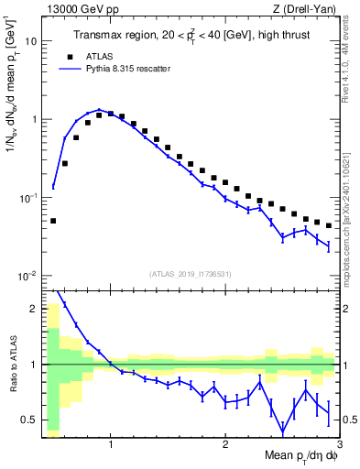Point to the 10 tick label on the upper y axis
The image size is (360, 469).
pos(31,41)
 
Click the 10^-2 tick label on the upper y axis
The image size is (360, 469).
pos(29,277)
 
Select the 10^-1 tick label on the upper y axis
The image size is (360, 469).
pos(29,198)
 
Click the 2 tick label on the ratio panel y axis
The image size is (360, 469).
pos(35,309)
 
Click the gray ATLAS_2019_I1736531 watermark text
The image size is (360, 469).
pos(191,274)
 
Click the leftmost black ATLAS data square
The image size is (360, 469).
pos(53,221)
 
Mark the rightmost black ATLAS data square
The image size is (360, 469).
pos(328,225)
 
